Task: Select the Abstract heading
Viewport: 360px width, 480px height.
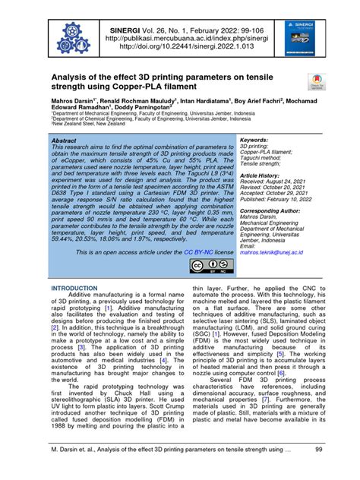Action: click(63, 141)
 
